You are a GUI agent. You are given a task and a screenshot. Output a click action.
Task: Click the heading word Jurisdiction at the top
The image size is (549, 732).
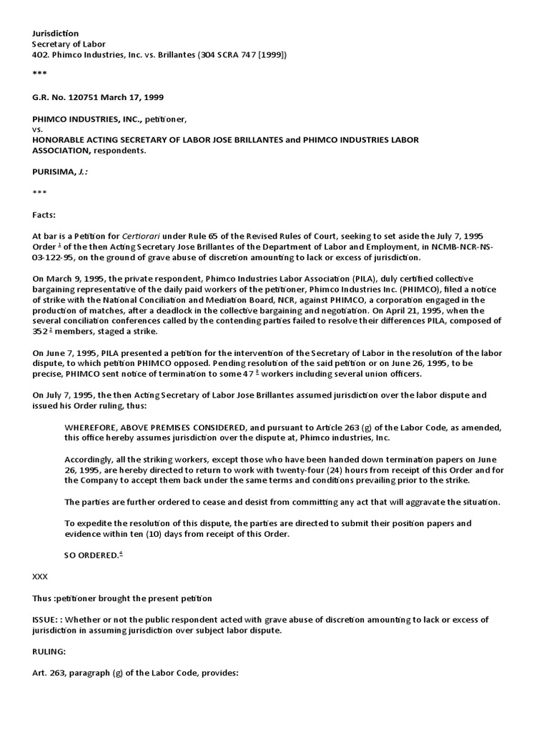click(56, 34)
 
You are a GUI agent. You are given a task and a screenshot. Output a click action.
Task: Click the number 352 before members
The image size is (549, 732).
click(41, 332)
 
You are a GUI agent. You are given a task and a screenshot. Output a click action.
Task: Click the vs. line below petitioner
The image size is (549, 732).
click(38, 129)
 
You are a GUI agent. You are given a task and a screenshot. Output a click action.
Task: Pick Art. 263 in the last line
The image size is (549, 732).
click(49, 673)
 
